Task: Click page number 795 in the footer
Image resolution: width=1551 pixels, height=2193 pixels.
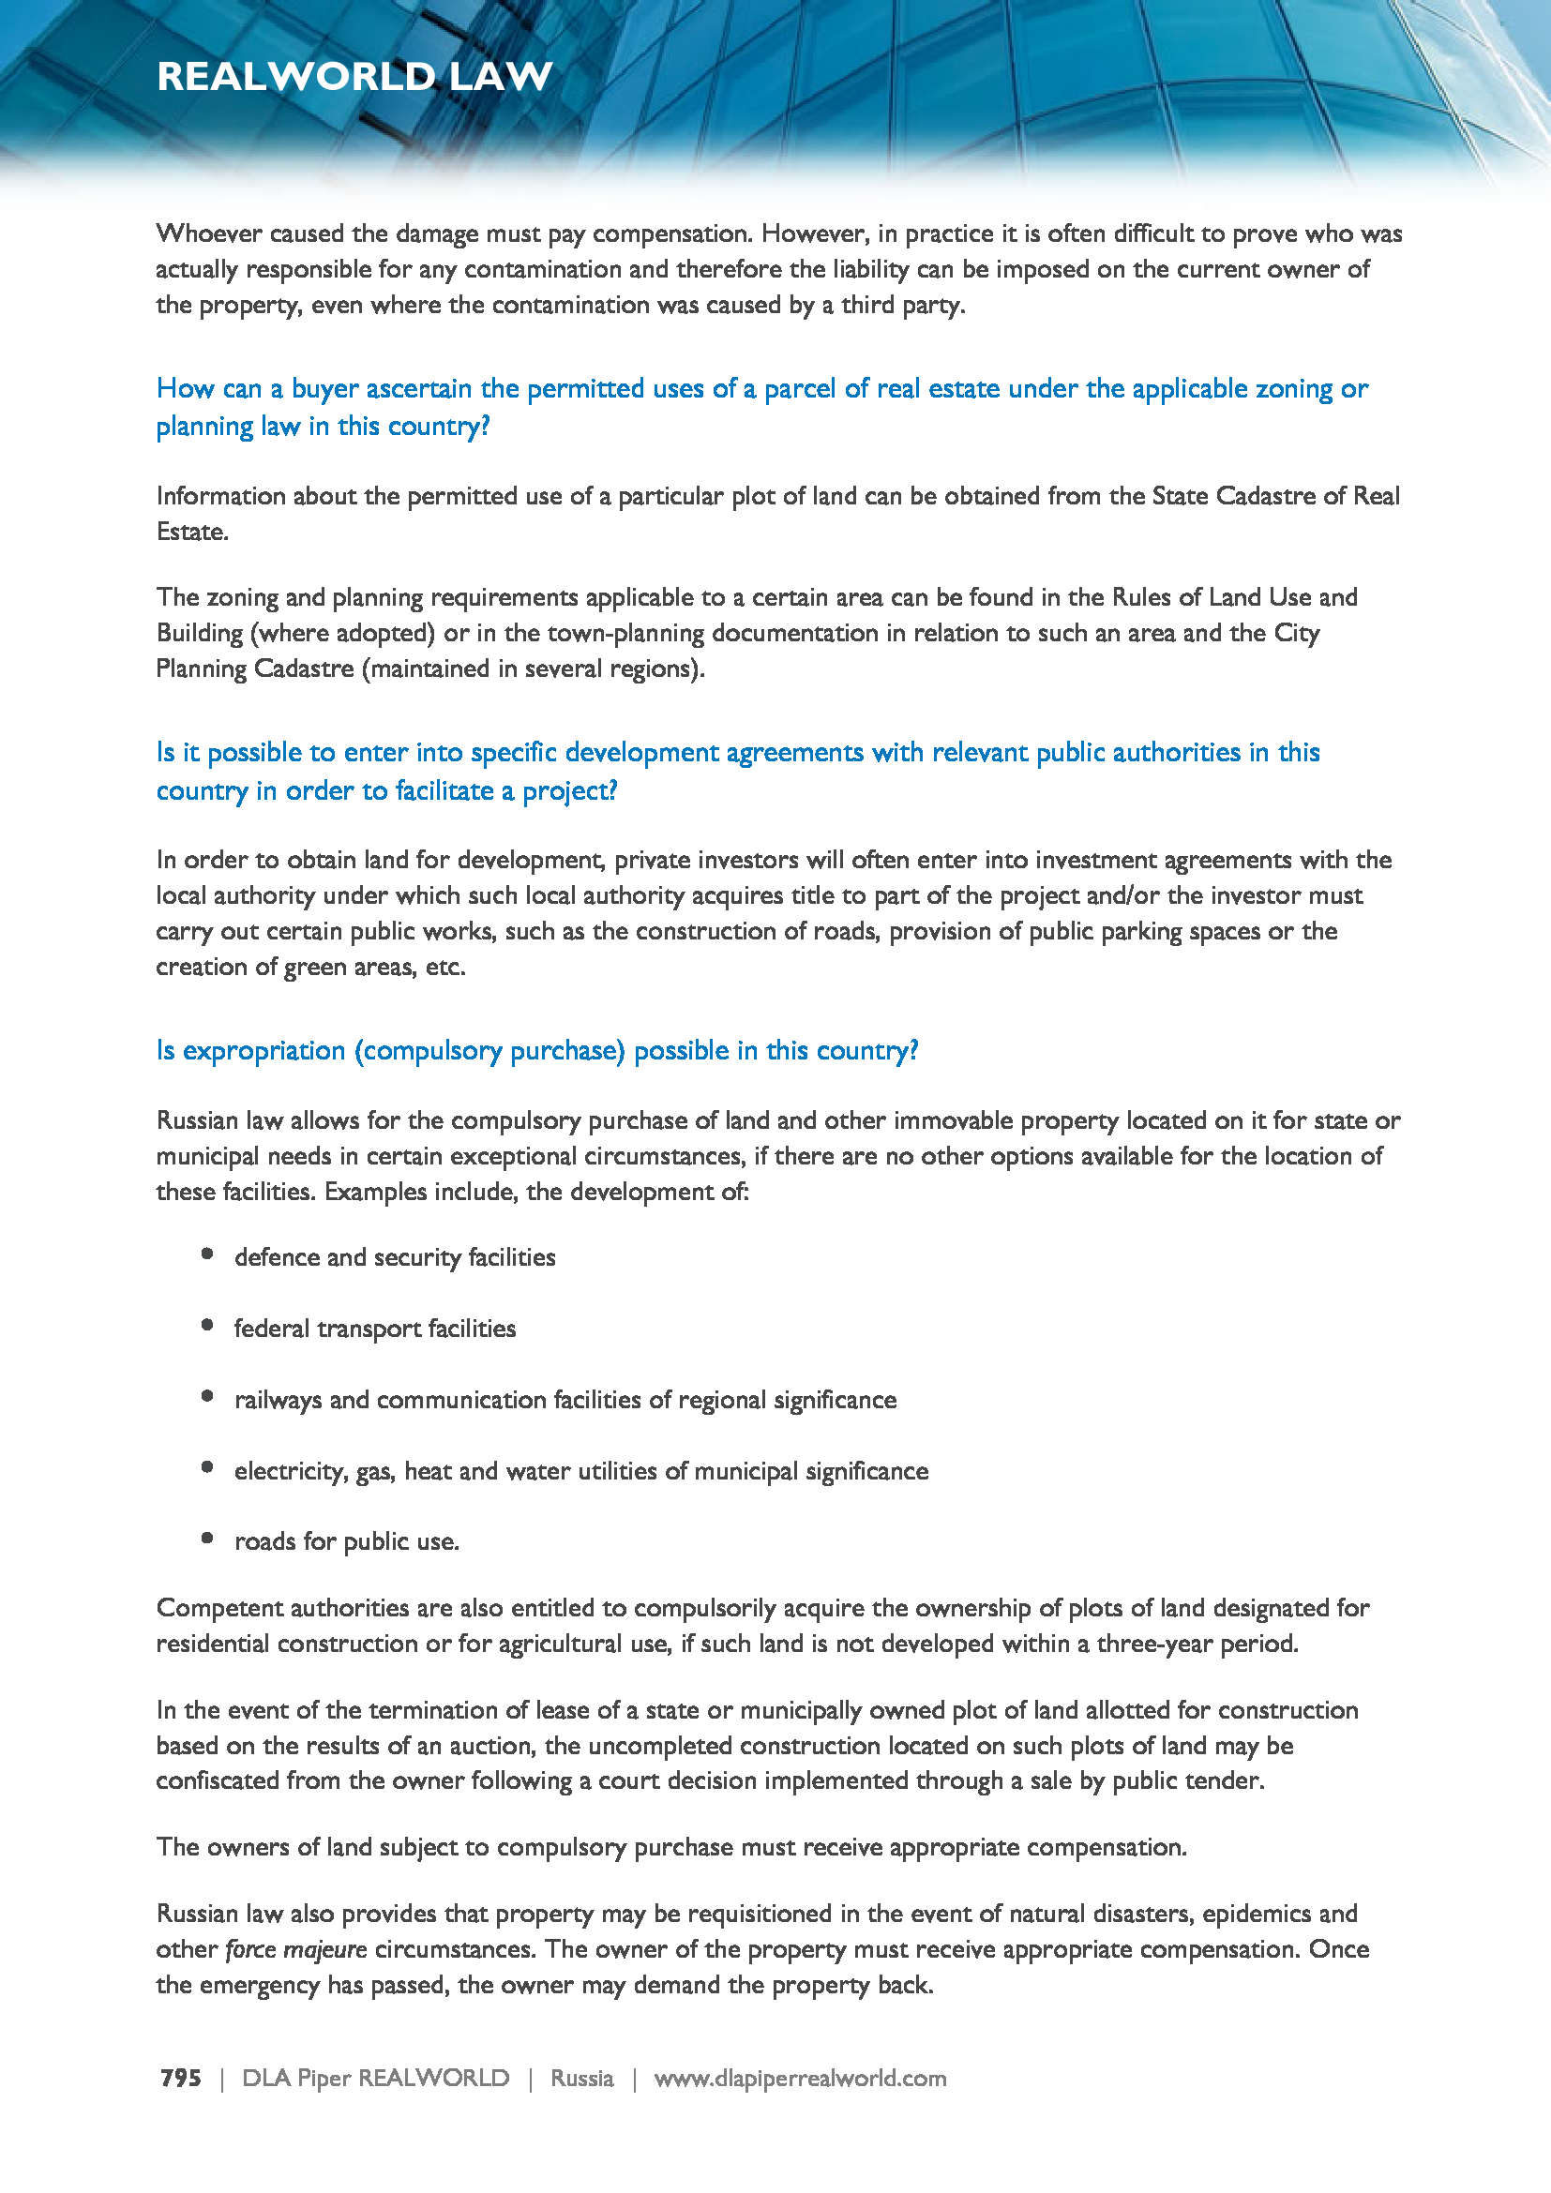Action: [x=180, y=2078]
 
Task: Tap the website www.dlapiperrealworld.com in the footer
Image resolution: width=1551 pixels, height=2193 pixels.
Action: [x=799, y=2078]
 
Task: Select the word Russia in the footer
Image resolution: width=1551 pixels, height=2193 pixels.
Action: [x=581, y=2078]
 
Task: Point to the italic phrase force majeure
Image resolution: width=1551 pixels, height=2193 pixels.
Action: [x=296, y=1948]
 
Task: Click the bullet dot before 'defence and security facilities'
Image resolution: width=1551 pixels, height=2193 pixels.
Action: [x=207, y=1254]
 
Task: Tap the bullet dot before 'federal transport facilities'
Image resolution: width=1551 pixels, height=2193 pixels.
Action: [x=207, y=1325]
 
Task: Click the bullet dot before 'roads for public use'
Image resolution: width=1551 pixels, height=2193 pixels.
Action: [x=207, y=1538]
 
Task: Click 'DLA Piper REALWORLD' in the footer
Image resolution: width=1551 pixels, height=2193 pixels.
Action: [x=375, y=2078]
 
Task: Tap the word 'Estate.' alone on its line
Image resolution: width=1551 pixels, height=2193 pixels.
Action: [x=193, y=532]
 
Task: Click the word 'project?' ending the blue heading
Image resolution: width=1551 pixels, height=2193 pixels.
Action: [x=569, y=792]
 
